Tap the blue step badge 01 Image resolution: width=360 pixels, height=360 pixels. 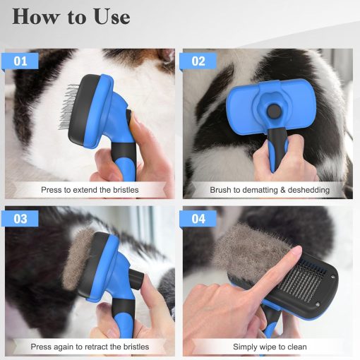[21, 61]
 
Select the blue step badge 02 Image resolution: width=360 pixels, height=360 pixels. [198, 61]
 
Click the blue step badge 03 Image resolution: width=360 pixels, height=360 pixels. [21, 219]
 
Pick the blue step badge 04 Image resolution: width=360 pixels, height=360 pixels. [198, 219]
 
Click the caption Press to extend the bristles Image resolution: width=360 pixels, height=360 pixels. [90, 190]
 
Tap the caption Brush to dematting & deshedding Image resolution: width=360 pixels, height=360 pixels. [270, 190]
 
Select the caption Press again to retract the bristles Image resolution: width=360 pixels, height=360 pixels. [90, 347]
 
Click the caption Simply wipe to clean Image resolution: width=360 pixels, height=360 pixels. [270, 347]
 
